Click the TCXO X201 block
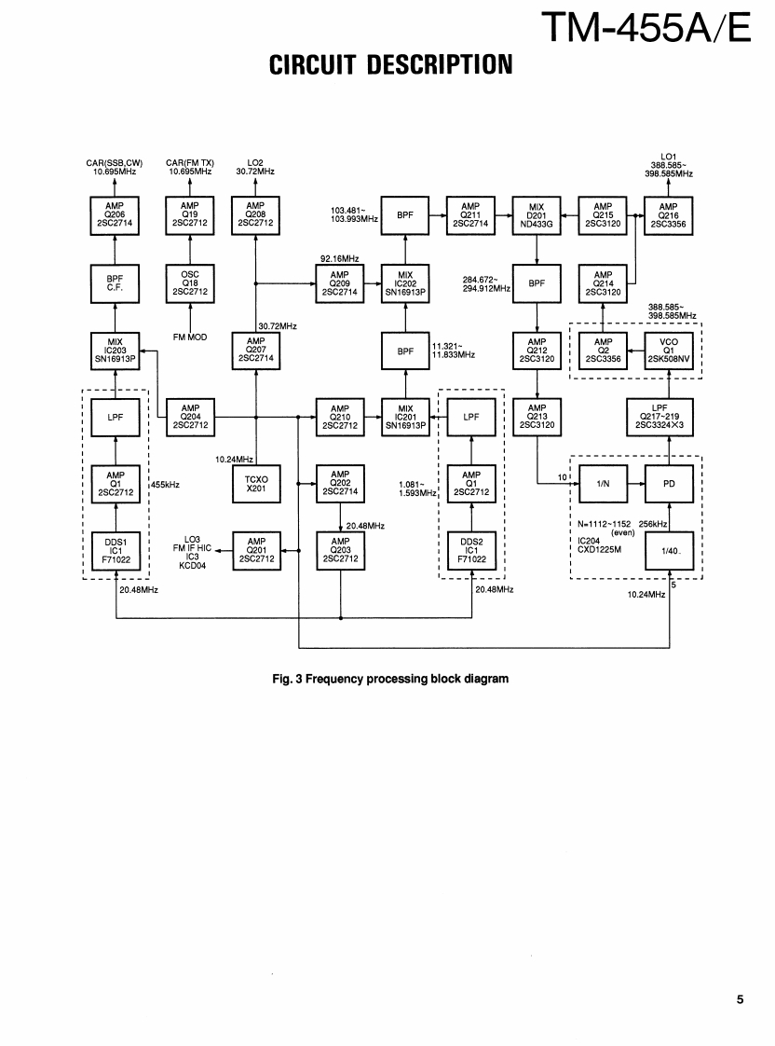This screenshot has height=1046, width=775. (255, 485)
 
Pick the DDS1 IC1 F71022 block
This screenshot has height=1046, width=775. (116, 550)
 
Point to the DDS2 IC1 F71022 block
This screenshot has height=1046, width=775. (471, 550)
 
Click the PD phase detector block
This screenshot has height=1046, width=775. (669, 485)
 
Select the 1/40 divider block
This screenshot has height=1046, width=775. (669, 550)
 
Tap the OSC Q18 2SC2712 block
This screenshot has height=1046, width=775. (190, 283)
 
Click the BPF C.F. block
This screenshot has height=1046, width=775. (116, 283)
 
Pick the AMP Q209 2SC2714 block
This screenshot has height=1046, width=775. (339, 283)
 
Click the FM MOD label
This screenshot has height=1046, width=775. (190, 337)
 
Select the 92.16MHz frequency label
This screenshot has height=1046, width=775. (339, 256)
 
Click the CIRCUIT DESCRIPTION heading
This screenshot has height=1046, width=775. (390, 65)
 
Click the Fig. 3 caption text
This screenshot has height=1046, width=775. (390, 678)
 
